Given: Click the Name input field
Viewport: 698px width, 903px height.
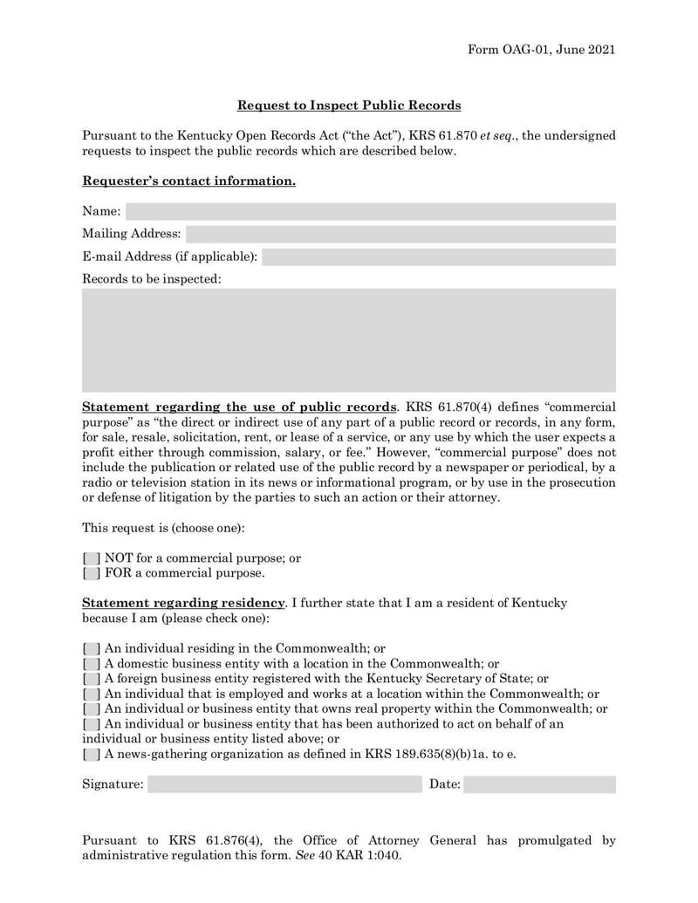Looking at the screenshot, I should point(371,211).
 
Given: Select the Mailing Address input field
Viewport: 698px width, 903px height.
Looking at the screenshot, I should point(400,234).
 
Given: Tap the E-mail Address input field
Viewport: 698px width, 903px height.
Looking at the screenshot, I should point(439,257).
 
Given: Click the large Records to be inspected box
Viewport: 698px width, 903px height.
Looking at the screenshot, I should point(349,340).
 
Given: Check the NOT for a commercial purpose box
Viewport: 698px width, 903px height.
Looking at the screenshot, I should point(92,558).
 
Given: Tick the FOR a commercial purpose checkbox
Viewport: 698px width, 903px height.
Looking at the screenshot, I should point(92,574).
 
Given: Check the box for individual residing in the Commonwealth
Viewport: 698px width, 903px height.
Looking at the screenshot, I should point(92,649).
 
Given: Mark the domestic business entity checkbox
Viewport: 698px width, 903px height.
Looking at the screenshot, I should point(92,664).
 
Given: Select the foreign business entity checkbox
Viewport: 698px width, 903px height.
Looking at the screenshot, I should point(92,679).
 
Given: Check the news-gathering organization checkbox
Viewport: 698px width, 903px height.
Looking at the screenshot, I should point(92,754).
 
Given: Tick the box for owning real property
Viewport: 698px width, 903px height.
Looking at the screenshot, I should point(92,709).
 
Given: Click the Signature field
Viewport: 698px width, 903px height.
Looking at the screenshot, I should point(284,784).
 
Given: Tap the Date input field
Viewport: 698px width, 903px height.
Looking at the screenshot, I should point(539,784).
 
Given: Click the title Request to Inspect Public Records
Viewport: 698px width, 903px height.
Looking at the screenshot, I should point(349,106).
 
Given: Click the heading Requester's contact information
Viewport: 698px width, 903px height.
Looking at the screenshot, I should point(188,181).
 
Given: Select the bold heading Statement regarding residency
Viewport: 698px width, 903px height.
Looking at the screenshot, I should point(183,604).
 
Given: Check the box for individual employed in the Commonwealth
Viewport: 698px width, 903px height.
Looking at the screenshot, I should point(92,694).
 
